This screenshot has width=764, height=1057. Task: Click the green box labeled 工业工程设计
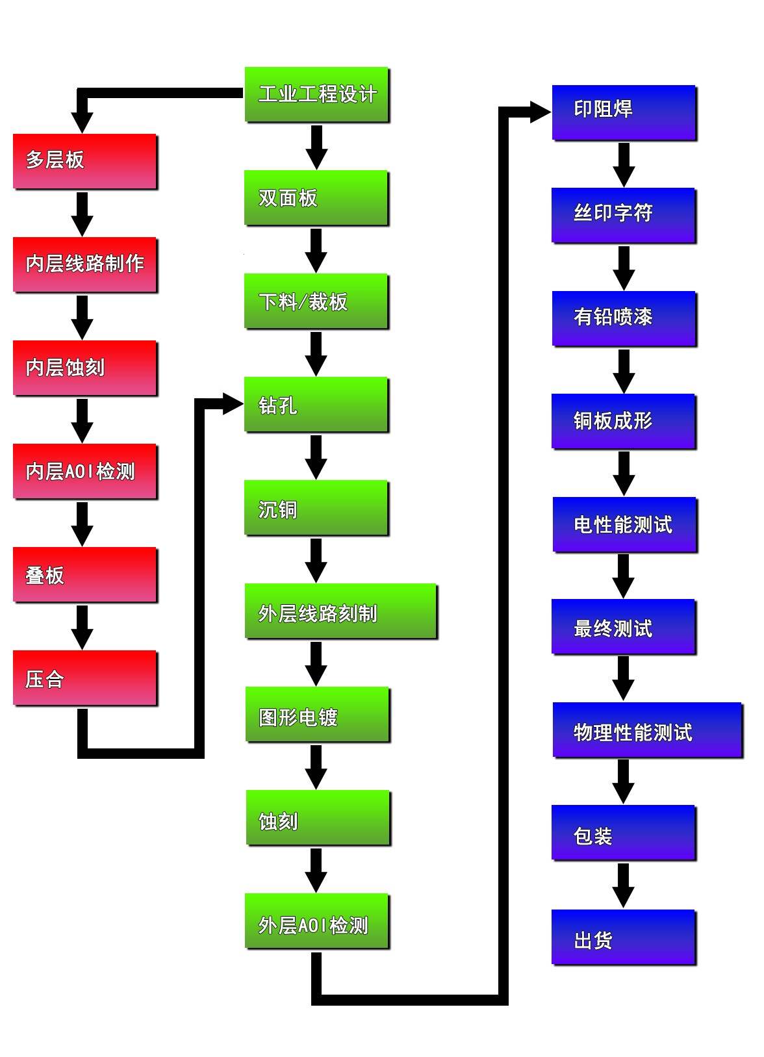[316, 94]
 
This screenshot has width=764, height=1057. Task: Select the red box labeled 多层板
[84, 161]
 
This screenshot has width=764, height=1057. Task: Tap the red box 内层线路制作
[84, 264]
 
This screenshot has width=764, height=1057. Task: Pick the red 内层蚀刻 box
[84, 368]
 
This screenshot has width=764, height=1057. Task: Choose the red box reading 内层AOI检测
[84, 471]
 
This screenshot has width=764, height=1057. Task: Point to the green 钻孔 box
[316, 404]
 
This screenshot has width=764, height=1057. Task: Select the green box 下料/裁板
[316, 301]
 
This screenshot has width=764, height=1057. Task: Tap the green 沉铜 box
[316, 508]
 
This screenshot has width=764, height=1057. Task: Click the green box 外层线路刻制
[340, 611]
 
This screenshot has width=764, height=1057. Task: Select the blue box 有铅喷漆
[624, 318]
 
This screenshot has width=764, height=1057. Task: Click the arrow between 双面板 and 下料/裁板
[316, 250]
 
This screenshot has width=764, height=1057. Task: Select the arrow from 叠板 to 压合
[82, 627]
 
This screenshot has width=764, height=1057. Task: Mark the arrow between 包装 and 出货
[623, 885]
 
